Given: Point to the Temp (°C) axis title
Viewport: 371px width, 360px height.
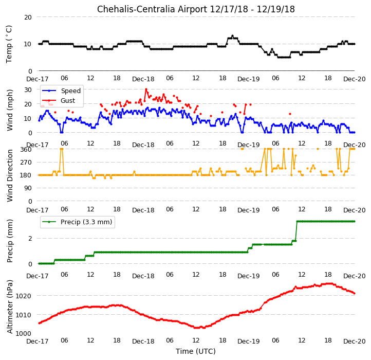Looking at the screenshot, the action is click(x=9, y=44).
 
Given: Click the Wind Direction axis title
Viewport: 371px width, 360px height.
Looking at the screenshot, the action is click(x=9, y=175).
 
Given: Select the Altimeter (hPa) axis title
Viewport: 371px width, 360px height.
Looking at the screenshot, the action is click(x=9, y=307).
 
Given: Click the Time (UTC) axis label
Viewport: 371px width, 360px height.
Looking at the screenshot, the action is click(x=196, y=351).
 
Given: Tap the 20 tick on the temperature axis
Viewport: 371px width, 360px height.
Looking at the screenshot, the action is click(x=28, y=17).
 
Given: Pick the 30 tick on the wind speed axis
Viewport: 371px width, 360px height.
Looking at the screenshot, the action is click(x=28, y=90).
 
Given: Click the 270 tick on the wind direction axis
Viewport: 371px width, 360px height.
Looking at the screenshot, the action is click(x=27, y=163).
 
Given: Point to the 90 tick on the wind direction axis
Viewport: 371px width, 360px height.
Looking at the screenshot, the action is click(x=28, y=188).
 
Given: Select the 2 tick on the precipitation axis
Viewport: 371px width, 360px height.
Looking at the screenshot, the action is click(x=30, y=239).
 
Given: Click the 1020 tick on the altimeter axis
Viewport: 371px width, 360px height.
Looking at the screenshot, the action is click(x=24, y=296).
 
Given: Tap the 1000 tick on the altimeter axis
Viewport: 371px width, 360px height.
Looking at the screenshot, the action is click(x=24, y=333).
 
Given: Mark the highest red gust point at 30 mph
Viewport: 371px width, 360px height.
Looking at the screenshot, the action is click(x=146, y=89).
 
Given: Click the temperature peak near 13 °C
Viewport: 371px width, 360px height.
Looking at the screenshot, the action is click(x=232, y=36).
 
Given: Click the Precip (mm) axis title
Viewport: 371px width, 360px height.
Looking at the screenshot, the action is click(x=9, y=241).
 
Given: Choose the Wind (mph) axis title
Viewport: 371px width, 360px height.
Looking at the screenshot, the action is click(x=9, y=110).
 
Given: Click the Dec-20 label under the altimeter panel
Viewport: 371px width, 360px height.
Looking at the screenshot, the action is click(x=355, y=341).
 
